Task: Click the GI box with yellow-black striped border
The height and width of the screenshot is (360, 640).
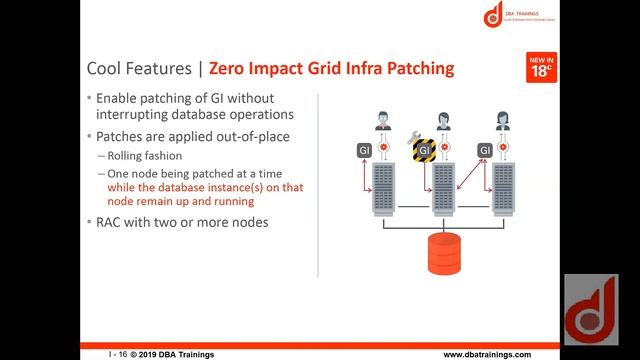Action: click(x=424, y=151)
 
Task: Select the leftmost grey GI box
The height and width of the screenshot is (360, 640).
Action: click(x=365, y=151)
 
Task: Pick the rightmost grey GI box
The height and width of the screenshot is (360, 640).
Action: click(x=484, y=151)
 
